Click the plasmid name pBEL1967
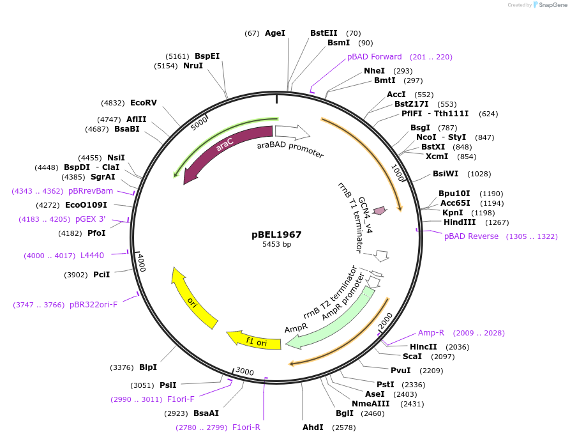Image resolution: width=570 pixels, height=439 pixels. [276, 235]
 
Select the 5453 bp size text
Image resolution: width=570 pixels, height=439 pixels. [276, 244]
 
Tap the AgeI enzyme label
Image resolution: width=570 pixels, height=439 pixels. [275, 33]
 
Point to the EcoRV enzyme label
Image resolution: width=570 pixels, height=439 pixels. [144, 102]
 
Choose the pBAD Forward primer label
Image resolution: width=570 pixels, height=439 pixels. [375, 57]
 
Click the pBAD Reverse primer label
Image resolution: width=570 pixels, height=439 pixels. [472, 236]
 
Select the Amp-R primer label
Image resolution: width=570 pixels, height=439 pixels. [431, 333]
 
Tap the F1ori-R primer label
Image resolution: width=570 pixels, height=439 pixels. [246, 427]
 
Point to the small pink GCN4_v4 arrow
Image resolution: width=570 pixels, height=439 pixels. [380, 210]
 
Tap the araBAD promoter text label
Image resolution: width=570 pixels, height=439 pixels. [290, 150]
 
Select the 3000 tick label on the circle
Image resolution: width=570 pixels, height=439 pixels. [244, 371]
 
